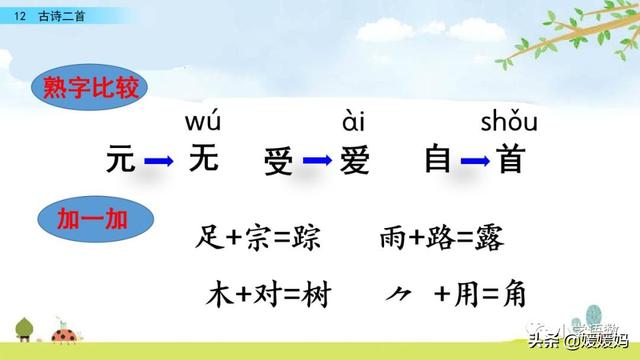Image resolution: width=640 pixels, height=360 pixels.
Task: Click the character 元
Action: pyautogui.click(x=120, y=159)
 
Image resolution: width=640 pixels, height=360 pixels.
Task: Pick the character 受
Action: pyautogui.click(x=279, y=161)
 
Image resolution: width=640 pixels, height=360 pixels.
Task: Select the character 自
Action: pyautogui.click(x=437, y=160)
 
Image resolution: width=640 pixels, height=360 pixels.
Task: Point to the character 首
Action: pyautogui.click(x=511, y=160)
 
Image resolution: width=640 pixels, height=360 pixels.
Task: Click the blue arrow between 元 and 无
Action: pyautogui.click(x=160, y=160)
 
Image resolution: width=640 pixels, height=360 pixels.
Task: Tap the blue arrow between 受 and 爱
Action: pyautogui.click(x=317, y=161)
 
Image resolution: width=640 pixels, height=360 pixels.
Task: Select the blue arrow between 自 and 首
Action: pyautogui.click(x=474, y=161)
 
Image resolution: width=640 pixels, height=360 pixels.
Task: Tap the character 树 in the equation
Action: pyautogui.click(x=313, y=296)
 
